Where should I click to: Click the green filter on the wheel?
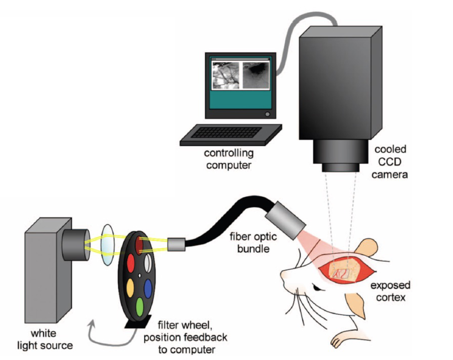point(140,306)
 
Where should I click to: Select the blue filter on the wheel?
point(148,288)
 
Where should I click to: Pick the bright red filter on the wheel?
point(130,263)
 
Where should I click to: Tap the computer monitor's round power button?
point(267,114)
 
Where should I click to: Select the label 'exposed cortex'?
point(390,291)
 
